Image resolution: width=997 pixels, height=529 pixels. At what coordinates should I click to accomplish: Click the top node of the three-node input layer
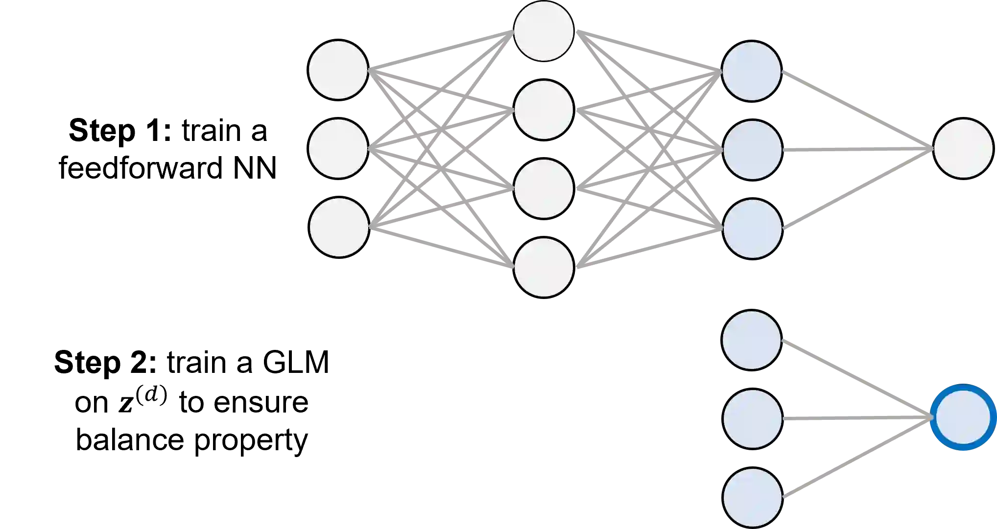click(338, 70)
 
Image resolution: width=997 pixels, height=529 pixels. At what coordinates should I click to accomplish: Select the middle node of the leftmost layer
click(338, 148)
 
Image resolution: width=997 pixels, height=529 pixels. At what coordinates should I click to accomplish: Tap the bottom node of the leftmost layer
click(339, 227)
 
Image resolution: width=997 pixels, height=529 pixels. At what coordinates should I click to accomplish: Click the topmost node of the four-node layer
click(544, 31)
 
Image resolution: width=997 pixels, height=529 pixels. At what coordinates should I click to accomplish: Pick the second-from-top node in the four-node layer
click(544, 110)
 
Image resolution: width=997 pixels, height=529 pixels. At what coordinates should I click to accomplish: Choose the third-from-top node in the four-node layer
click(544, 188)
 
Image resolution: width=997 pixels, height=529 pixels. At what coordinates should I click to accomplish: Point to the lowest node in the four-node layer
click(544, 267)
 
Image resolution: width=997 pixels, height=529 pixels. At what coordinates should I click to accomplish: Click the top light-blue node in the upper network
click(751, 71)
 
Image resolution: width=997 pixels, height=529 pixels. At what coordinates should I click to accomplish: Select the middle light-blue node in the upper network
click(752, 150)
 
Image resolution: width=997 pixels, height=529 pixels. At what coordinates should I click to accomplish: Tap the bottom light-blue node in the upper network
click(752, 229)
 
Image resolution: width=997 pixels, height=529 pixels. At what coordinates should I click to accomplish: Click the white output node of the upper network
click(963, 148)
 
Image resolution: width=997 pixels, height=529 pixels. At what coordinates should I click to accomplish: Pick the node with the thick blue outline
click(963, 417)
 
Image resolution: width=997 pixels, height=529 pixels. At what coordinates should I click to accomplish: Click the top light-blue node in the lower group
click(751, 340)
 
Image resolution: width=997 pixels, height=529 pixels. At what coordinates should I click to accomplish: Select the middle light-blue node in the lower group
click(752, 418)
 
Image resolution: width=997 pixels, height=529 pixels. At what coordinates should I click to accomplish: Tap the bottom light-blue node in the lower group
click(752, 497)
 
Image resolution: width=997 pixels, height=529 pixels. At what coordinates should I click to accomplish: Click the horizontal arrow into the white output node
click(857, 149)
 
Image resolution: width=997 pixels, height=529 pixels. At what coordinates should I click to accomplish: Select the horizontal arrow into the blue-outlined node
click(857, 418)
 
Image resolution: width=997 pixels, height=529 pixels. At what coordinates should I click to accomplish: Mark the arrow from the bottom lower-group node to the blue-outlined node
click(857, 459)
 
